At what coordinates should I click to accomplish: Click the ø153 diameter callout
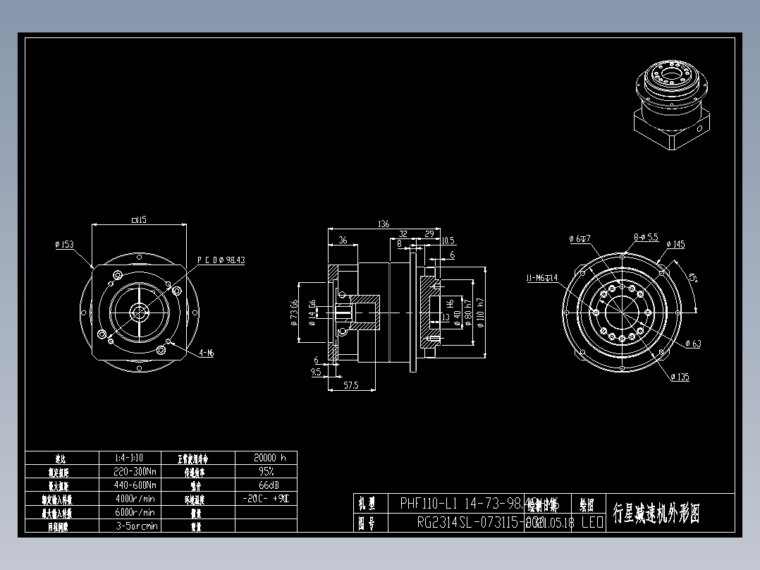coord(65,245)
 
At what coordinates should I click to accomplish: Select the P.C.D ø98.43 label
coord(221,260)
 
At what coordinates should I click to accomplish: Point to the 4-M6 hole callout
coord(206,354)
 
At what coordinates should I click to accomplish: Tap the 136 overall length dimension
coord(384,224)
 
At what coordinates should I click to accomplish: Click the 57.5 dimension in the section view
coord(350,385)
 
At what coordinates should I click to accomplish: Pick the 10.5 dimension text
coord(448,241)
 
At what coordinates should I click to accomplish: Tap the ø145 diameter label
coord(675,245)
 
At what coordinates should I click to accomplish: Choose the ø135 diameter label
coord(679,377)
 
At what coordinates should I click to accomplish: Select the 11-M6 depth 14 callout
coord(541,278)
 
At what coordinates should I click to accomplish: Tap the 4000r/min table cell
coord(135,499)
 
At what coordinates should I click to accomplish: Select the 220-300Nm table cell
coord(135,471)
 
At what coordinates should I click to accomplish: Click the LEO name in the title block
coord(592,523)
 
